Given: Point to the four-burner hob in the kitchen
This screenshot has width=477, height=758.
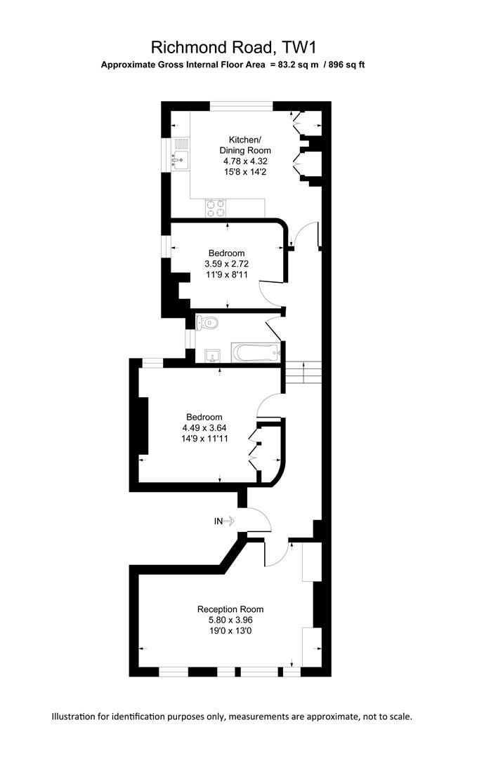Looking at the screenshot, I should tap(216, 208).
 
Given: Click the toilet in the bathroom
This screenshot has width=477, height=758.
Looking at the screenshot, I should tap(207, 323).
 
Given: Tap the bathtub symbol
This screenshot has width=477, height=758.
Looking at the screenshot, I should tap(256, 352).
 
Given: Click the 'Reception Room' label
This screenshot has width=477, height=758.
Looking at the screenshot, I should tap(230, 609).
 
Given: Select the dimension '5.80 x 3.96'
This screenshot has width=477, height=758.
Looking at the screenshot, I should tap(230, 620).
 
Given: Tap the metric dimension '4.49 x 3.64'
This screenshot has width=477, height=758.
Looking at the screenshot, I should tap(204, 427).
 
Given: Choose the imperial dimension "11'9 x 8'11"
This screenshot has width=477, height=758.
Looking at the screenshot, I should tap(226, 275).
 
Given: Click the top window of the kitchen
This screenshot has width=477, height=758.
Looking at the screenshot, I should tap(242, 106).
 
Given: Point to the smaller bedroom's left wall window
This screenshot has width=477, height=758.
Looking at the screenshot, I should tap(167, 246).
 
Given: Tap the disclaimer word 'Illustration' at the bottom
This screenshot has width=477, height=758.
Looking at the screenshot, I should tap(77, 717).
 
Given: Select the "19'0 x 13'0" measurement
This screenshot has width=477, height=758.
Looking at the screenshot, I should tap(230, 632).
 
